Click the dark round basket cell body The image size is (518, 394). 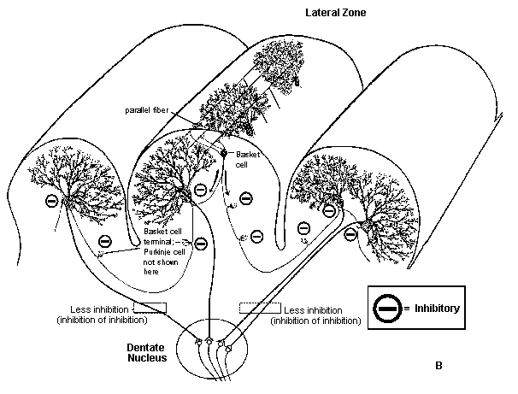click(225, 153)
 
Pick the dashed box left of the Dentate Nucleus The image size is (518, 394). click(150, 308)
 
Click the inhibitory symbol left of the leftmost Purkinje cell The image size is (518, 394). click(51, 201)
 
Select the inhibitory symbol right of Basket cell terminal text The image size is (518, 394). click(200, 244)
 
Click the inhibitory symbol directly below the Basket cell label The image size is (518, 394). click(245, 198)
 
